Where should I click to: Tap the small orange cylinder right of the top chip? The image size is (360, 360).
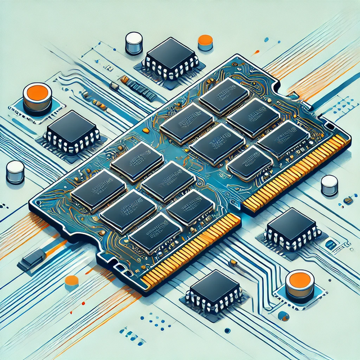pos(206,42)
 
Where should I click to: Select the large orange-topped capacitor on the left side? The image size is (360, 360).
pos(38,98)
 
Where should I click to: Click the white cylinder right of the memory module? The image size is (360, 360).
pos(329,184)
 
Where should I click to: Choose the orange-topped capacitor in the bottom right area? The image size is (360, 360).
pos(299,285)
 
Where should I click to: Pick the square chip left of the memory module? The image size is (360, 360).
pos(72,131)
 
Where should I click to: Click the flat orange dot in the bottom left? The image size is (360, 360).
pos(71,281)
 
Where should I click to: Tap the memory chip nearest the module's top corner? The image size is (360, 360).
pos(224,96)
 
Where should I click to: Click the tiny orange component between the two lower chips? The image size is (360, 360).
pos(233,263)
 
